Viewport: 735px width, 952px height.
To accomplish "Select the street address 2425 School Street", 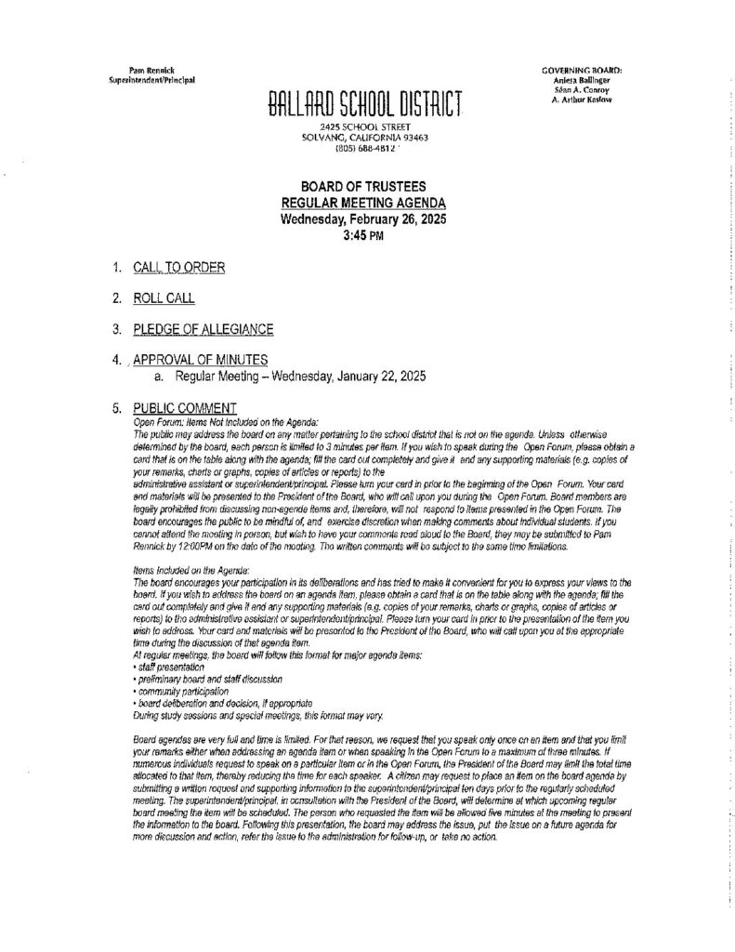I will tap(366, 126).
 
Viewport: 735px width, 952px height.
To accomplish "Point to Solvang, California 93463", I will tap(366, 137).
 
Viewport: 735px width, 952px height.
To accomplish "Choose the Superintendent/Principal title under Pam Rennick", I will tap(151, 81).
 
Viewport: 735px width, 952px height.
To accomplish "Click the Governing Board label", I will tap(582, 71).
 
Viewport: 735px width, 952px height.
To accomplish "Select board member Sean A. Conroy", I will tap(583, 89).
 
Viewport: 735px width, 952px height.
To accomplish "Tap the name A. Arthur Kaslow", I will tap(583, 99).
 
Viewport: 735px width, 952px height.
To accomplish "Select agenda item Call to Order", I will tap(178, 269).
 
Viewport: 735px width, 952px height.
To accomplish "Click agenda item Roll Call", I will tap(164, 298).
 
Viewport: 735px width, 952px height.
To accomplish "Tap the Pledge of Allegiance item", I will tap(203, 329).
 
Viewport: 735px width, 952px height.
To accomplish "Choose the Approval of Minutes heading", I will tap(201, 360).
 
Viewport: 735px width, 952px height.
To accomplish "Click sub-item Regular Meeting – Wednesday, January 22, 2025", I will tap(292, 377).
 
